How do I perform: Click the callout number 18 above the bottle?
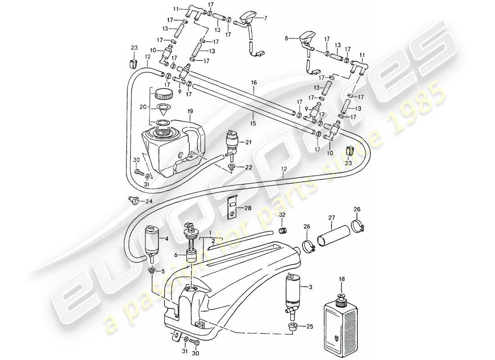[x=341, y=280]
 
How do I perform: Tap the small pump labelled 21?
[x=233, y=143]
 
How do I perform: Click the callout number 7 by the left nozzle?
[x=265, y=18]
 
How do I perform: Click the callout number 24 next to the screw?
[x=149, y=201]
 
